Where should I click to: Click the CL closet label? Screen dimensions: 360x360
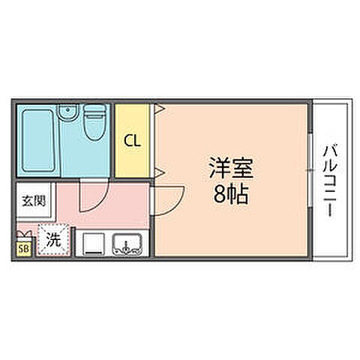coord(132,139)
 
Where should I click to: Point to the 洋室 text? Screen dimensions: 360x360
coord(231,168)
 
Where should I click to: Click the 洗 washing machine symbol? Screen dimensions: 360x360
coord(54,241)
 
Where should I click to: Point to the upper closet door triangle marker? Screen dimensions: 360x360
coord(158,109)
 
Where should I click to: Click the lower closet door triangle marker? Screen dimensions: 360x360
coord(158,173)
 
